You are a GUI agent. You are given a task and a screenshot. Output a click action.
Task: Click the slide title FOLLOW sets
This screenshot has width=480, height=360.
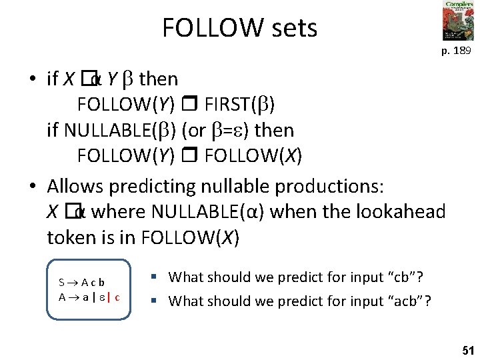(x=239, y=28)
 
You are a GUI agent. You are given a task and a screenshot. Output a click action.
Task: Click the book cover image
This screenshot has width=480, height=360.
(x=458, y=21)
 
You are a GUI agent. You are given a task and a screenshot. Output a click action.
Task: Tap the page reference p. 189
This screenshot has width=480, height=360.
(x=458, y=51)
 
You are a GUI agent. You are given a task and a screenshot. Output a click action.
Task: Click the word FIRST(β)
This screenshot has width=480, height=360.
(x=239, y=104)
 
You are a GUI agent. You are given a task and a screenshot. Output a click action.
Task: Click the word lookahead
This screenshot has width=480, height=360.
(x=399, y=212)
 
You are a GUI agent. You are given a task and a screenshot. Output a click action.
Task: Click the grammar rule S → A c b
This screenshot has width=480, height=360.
(x=82, y=282)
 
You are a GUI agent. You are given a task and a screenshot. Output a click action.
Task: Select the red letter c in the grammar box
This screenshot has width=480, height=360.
(x=117, y=297)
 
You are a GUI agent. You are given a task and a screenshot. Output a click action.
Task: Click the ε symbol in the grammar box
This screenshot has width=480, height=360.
(x=101, y=298)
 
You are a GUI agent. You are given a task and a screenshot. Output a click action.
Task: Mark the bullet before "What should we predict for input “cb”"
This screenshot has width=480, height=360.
(x=153, y=276)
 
